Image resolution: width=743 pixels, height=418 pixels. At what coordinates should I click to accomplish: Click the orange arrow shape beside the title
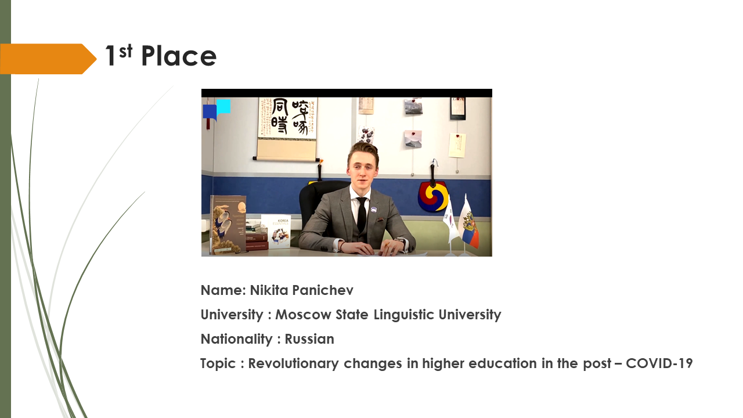click(48, 59)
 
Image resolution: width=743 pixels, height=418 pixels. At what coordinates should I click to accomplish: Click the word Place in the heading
click(179, 56)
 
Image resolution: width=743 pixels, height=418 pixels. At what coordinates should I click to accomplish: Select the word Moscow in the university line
click(303, 315)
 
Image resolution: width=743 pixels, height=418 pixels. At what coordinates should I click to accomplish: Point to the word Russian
click(309, 339)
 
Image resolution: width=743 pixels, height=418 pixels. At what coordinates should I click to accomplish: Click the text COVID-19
click(659, 363)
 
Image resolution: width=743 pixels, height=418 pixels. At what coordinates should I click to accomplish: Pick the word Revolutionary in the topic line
click(294, 363)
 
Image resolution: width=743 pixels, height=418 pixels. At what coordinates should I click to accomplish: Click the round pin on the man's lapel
click(374, 210)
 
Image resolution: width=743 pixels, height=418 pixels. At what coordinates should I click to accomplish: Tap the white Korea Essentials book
click(276, 231)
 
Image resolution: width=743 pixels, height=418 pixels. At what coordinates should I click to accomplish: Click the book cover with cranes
click(228, 224)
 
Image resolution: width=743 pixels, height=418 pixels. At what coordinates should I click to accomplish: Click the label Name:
click(223, 290)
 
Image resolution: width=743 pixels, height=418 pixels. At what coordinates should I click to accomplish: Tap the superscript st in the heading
click(126, 51)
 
